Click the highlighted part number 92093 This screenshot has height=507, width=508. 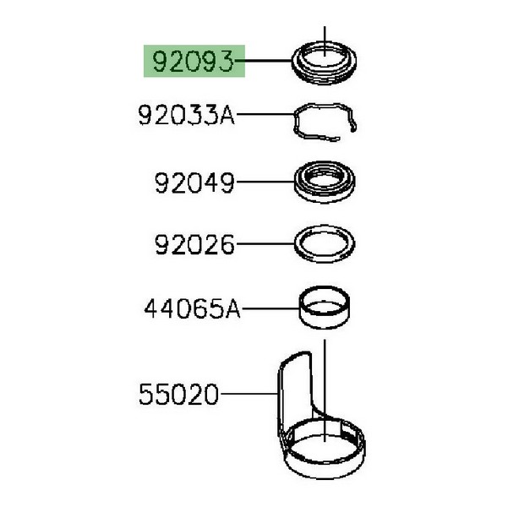click(193, 61)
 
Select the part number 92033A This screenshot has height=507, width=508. click(186, 115)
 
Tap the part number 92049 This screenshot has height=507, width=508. click(194, 183)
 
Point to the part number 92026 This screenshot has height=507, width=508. click(194, 244)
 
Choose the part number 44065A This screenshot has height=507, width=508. click(193, 308)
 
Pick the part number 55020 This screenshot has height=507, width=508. click(179, 394)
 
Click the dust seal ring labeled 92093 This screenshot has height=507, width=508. click(325, 78)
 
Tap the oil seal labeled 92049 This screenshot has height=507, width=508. click(325, 197)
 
